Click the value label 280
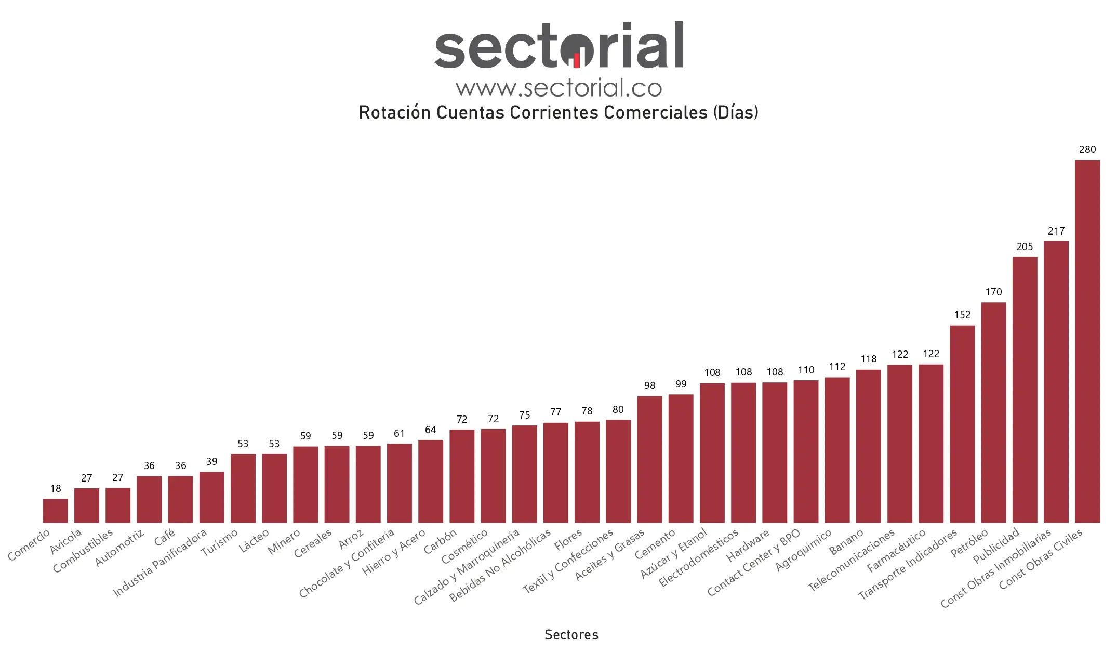1087,150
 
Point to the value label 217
1056,231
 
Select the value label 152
962,315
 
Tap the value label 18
55,489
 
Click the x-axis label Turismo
220,542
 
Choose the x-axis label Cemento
655,543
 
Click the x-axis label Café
165,537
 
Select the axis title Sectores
571,635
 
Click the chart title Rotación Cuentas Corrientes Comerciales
558,112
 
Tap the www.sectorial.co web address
558,88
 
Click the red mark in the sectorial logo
577,61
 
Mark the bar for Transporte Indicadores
962,423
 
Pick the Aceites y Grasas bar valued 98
649,459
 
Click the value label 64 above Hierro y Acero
430,430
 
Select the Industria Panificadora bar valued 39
211,497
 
